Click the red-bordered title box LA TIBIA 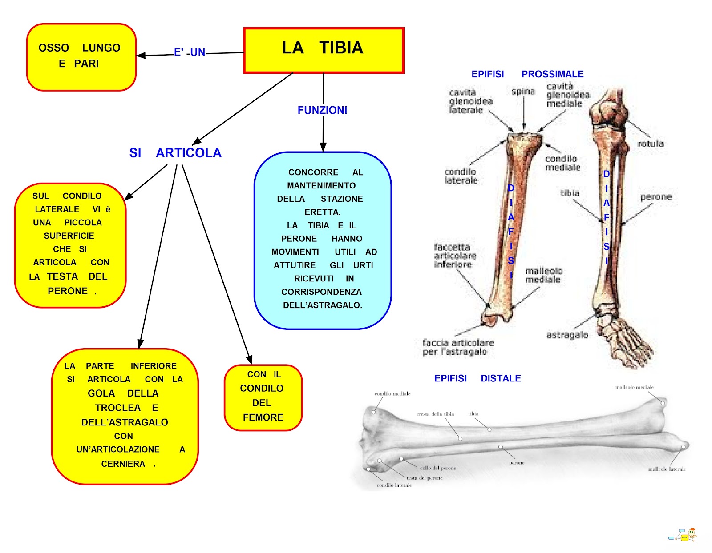(324, 50)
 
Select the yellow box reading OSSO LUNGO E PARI (81, 57)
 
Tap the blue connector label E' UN (190, 52)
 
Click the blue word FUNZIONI (322, 110)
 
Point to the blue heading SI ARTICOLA (175, 153)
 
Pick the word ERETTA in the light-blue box (322, 212)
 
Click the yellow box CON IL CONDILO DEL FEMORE (263, 397)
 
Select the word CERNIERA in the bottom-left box (123, 464)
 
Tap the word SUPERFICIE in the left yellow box (69, 236)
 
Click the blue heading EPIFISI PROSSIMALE (527, 74)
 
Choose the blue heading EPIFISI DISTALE (477, 378)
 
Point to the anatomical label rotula (650, 144)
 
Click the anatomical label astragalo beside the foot (567, 335)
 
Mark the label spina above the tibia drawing (523, 92)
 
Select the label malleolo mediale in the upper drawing (543, 275)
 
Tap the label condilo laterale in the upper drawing (461, 176)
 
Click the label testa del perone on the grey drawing (425, 478)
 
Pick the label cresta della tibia (435, 414)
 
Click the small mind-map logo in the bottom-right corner (683, 535)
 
